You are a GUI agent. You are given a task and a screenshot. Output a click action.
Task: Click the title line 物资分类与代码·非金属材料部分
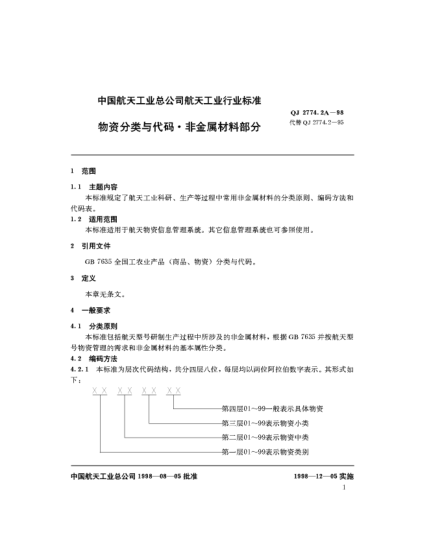coord(179,128)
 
